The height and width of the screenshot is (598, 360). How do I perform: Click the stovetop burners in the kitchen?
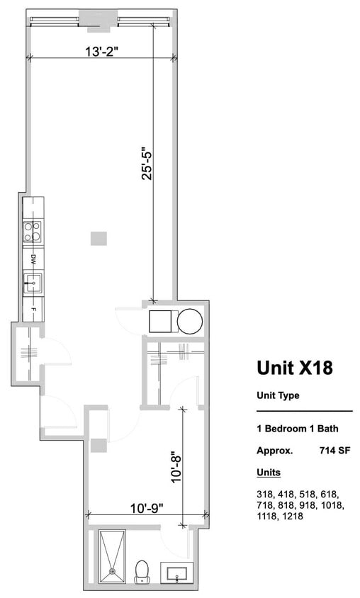33,232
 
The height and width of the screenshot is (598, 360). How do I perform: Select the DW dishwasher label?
33,259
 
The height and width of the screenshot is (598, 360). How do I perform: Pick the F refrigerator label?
33,309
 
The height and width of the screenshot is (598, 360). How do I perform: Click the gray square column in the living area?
99,238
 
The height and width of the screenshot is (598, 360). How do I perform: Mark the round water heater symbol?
190,322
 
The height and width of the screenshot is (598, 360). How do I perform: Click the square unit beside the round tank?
162,322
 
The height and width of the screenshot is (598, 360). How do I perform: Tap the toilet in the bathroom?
142,570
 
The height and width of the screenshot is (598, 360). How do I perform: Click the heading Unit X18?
294,368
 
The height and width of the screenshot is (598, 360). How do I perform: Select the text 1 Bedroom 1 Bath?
297,429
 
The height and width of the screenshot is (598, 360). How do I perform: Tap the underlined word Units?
268,472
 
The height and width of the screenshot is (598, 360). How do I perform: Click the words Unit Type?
277,395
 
